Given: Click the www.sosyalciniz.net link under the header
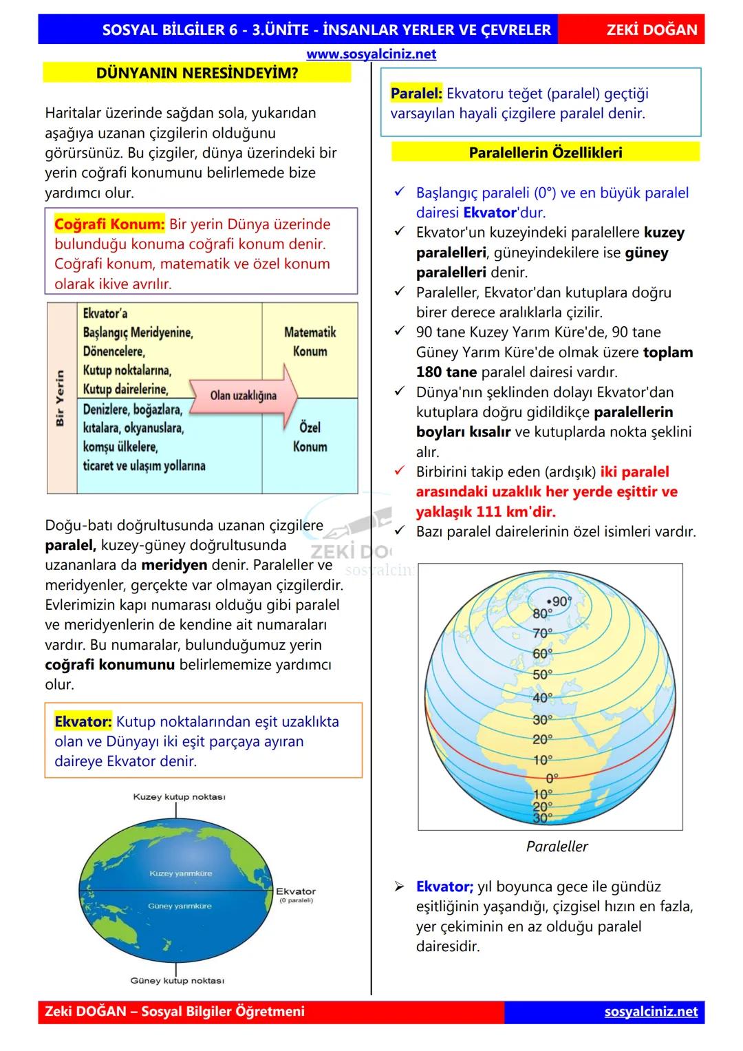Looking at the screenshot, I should (x=371, y=54).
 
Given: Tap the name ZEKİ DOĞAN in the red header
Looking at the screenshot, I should (x=652, y=30).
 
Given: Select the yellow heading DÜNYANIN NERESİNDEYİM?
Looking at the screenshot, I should (x=197, y=73).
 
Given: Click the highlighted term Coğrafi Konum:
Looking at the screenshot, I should (x=109, y=224).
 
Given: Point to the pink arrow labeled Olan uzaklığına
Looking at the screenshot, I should (x=244, y=395).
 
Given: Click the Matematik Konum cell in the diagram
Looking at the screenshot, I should (x=310, y=342).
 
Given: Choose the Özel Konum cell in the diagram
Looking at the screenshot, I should (x=310, y=437).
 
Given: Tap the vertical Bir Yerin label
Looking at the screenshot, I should (x=61, y=398).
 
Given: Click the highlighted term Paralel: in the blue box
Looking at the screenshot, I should (x=416, y=94).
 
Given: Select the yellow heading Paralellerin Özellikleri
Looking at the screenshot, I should (x=545, y=152).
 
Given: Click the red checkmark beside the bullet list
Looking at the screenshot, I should (x=400, y=471).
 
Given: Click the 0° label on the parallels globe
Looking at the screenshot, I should (x=552, y=778).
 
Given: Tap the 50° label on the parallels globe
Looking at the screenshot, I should (x=542, y=675).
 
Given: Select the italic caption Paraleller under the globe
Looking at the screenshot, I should (x=557, y=847).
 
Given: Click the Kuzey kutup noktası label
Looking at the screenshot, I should (x=179, y=797).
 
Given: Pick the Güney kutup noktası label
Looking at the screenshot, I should (x=177, y=980).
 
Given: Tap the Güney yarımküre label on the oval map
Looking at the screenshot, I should (x=180, y=906).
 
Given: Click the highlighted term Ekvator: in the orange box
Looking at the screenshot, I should (x=83, y=722).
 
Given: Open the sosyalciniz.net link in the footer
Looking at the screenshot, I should (x=651, y=1012).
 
